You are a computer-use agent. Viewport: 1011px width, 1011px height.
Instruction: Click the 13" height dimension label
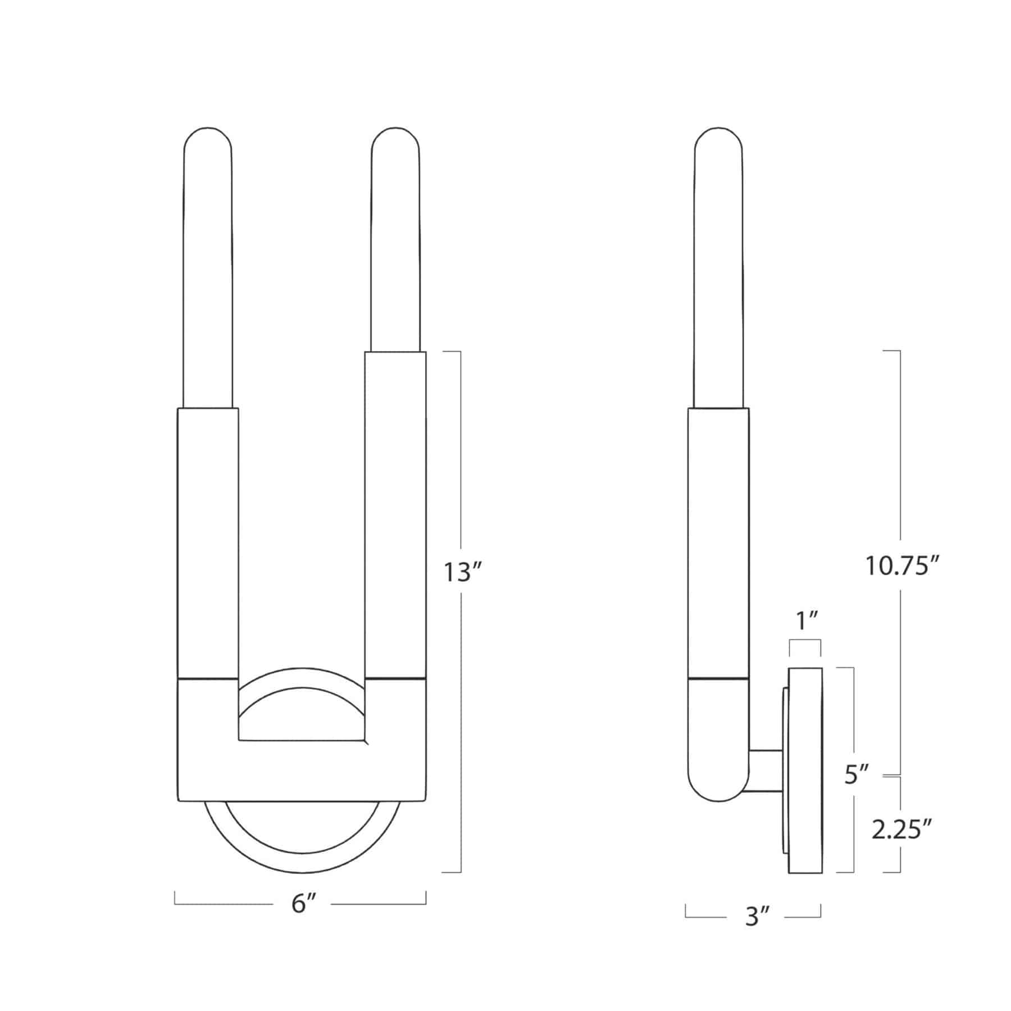click(463, 572)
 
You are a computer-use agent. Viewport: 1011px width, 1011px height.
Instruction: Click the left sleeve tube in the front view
click(208, 539)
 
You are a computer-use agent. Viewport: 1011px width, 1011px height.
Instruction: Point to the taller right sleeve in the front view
click(395, 505)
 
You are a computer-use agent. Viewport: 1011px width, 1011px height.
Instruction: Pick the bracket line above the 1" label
click(805, 641)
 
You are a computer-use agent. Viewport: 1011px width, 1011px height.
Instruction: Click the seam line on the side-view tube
click(718, 679)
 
